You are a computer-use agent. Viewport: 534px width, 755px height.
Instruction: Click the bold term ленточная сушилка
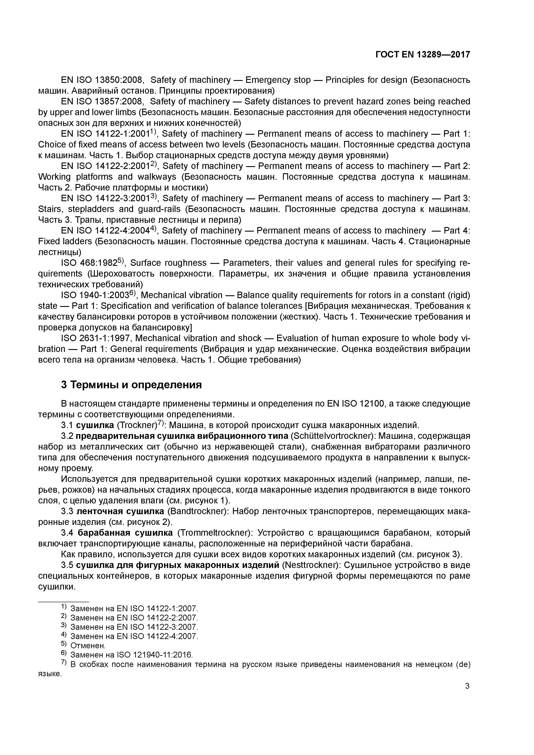120,512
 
